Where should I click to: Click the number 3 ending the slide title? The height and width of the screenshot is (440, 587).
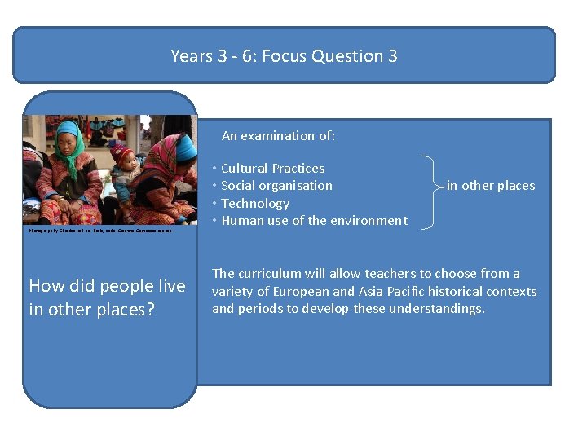click(x=392, y=56)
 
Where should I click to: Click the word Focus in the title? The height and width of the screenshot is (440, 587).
click(x=281, y=56)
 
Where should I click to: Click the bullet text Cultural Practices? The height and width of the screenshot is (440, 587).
click(x=272, y=169)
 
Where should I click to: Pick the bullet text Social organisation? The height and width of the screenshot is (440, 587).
click(x=276, y=186)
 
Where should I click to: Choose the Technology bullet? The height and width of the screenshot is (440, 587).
click(x=255, y=203)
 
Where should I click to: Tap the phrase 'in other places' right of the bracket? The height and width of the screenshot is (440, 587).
click(x=490, y=186)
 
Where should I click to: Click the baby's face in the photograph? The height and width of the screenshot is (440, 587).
click(x=127, y=163)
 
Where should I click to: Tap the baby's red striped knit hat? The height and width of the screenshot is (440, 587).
click(x=122, y=152)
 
